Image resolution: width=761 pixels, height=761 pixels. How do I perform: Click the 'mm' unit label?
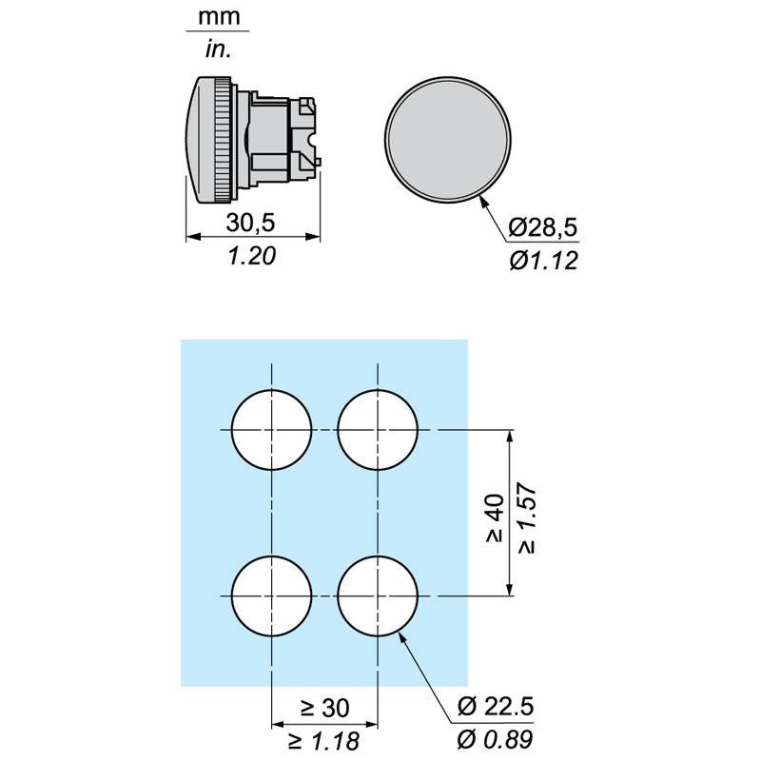[x=219, y=17]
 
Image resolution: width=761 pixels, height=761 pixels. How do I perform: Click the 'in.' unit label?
[x=218, y=49]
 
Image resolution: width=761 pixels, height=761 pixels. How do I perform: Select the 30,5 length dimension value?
[x=250, y=223]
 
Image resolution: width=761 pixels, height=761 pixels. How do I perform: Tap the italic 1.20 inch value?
[x=251, y=256]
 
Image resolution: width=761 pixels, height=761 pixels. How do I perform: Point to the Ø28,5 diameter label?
[x=543, y=227]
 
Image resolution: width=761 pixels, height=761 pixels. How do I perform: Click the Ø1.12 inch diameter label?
[x=543, y=261]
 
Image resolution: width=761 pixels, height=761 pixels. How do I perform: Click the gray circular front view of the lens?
[x=447, y=139]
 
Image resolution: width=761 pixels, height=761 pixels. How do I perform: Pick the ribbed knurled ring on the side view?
[x=224, y=139]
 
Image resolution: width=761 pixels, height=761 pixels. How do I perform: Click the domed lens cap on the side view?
[x=199, y=139]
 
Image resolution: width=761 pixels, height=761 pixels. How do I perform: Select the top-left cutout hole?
[x=271, y=430]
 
